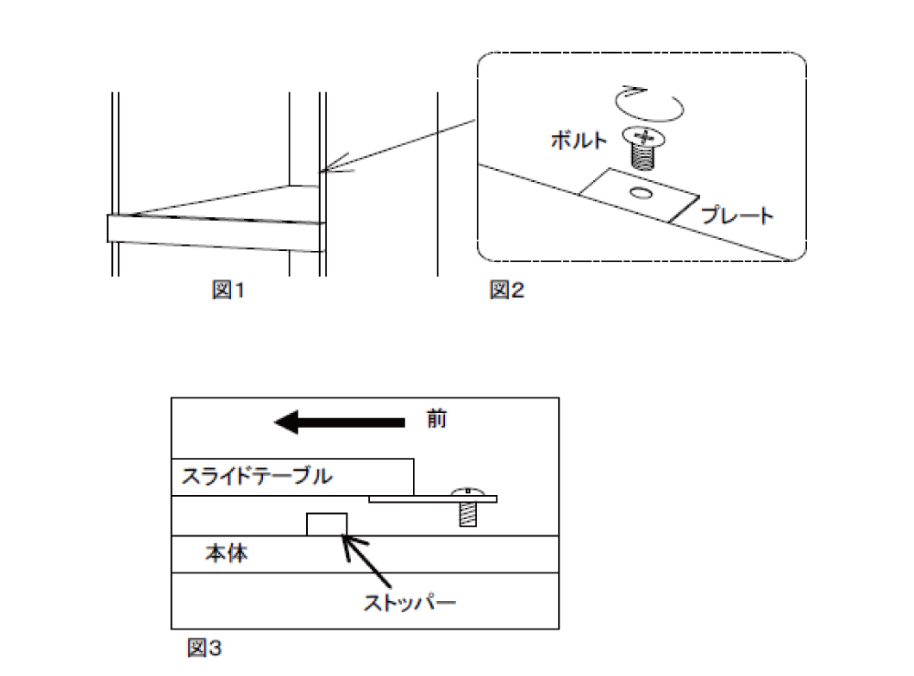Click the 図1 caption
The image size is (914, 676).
click(x=228, y=290)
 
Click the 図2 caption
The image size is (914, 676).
click(x=506, y=290)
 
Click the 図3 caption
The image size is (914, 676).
click(x=204, y=648)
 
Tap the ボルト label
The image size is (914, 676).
click(x=579, y=141)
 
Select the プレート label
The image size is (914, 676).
click(x=737, y=216)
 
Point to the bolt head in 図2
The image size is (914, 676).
click(x=643, y=138)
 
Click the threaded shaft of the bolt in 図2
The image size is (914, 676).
click(x=642, y=157)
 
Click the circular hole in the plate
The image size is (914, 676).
click(x=642, y=193)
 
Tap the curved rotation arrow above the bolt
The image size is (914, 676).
click(x=648, y=105)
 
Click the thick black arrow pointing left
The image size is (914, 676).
click(x=339, y=422)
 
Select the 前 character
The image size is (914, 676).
click(x=436, y=419)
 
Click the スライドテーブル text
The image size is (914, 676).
click(x=257, y=476)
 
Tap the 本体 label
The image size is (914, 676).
click(x=226, y=553)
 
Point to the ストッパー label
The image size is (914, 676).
click(x=410, y=602)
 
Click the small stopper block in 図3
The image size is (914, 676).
click(x=327, y=524)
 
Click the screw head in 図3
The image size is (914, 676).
click(x=467, y=491)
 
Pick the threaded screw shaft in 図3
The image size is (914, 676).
click(x=468, y=514)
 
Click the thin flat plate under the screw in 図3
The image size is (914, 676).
click(x=433, y=499)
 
